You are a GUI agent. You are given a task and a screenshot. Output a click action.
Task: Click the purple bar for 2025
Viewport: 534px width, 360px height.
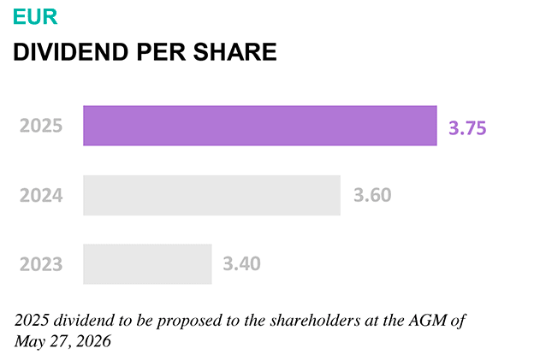coord(259,126)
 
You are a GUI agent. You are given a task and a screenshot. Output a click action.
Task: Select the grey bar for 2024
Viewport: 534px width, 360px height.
coord(211,195)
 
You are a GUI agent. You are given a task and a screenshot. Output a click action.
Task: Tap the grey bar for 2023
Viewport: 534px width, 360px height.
coord(147,263)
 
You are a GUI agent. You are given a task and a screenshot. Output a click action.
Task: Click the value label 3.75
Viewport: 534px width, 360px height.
coord(467,128)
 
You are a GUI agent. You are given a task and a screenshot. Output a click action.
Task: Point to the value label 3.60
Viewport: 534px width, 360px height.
coord(372,195)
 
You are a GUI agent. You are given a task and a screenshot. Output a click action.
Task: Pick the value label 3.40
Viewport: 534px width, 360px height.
coord(241,263)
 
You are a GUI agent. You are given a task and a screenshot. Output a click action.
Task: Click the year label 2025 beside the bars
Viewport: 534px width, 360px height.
coord(41,127)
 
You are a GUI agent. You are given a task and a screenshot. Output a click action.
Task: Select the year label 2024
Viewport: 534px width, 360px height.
coord(41,196)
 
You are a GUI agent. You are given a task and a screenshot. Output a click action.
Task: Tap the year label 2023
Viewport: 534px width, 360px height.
coord(41,264)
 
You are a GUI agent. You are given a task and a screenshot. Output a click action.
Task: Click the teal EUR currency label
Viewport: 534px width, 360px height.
coord(36,16)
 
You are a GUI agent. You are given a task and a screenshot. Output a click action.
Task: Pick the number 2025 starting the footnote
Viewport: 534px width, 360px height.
coord(32,322)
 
